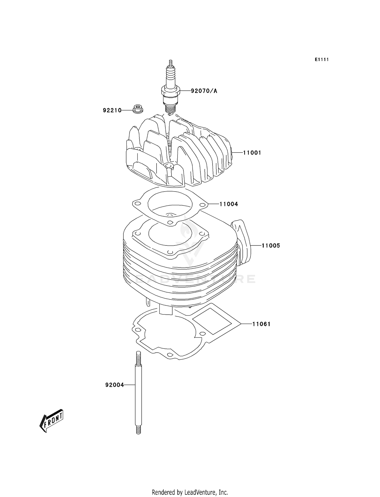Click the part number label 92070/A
[x=204, y=91]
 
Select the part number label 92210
[x=112, y=110]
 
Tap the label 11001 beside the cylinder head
[x=252, y=153]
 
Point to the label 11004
[x=229, y=204]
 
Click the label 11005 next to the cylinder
[x=271, y=245]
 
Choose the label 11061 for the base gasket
[x=261, y=324]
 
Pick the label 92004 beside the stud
[x=115, y=385]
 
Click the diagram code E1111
[x=322, y=60]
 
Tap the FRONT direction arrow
[x=52, y=420]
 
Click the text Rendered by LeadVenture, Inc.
[x=190, y=492]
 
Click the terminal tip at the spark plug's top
[x=170, y=62]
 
